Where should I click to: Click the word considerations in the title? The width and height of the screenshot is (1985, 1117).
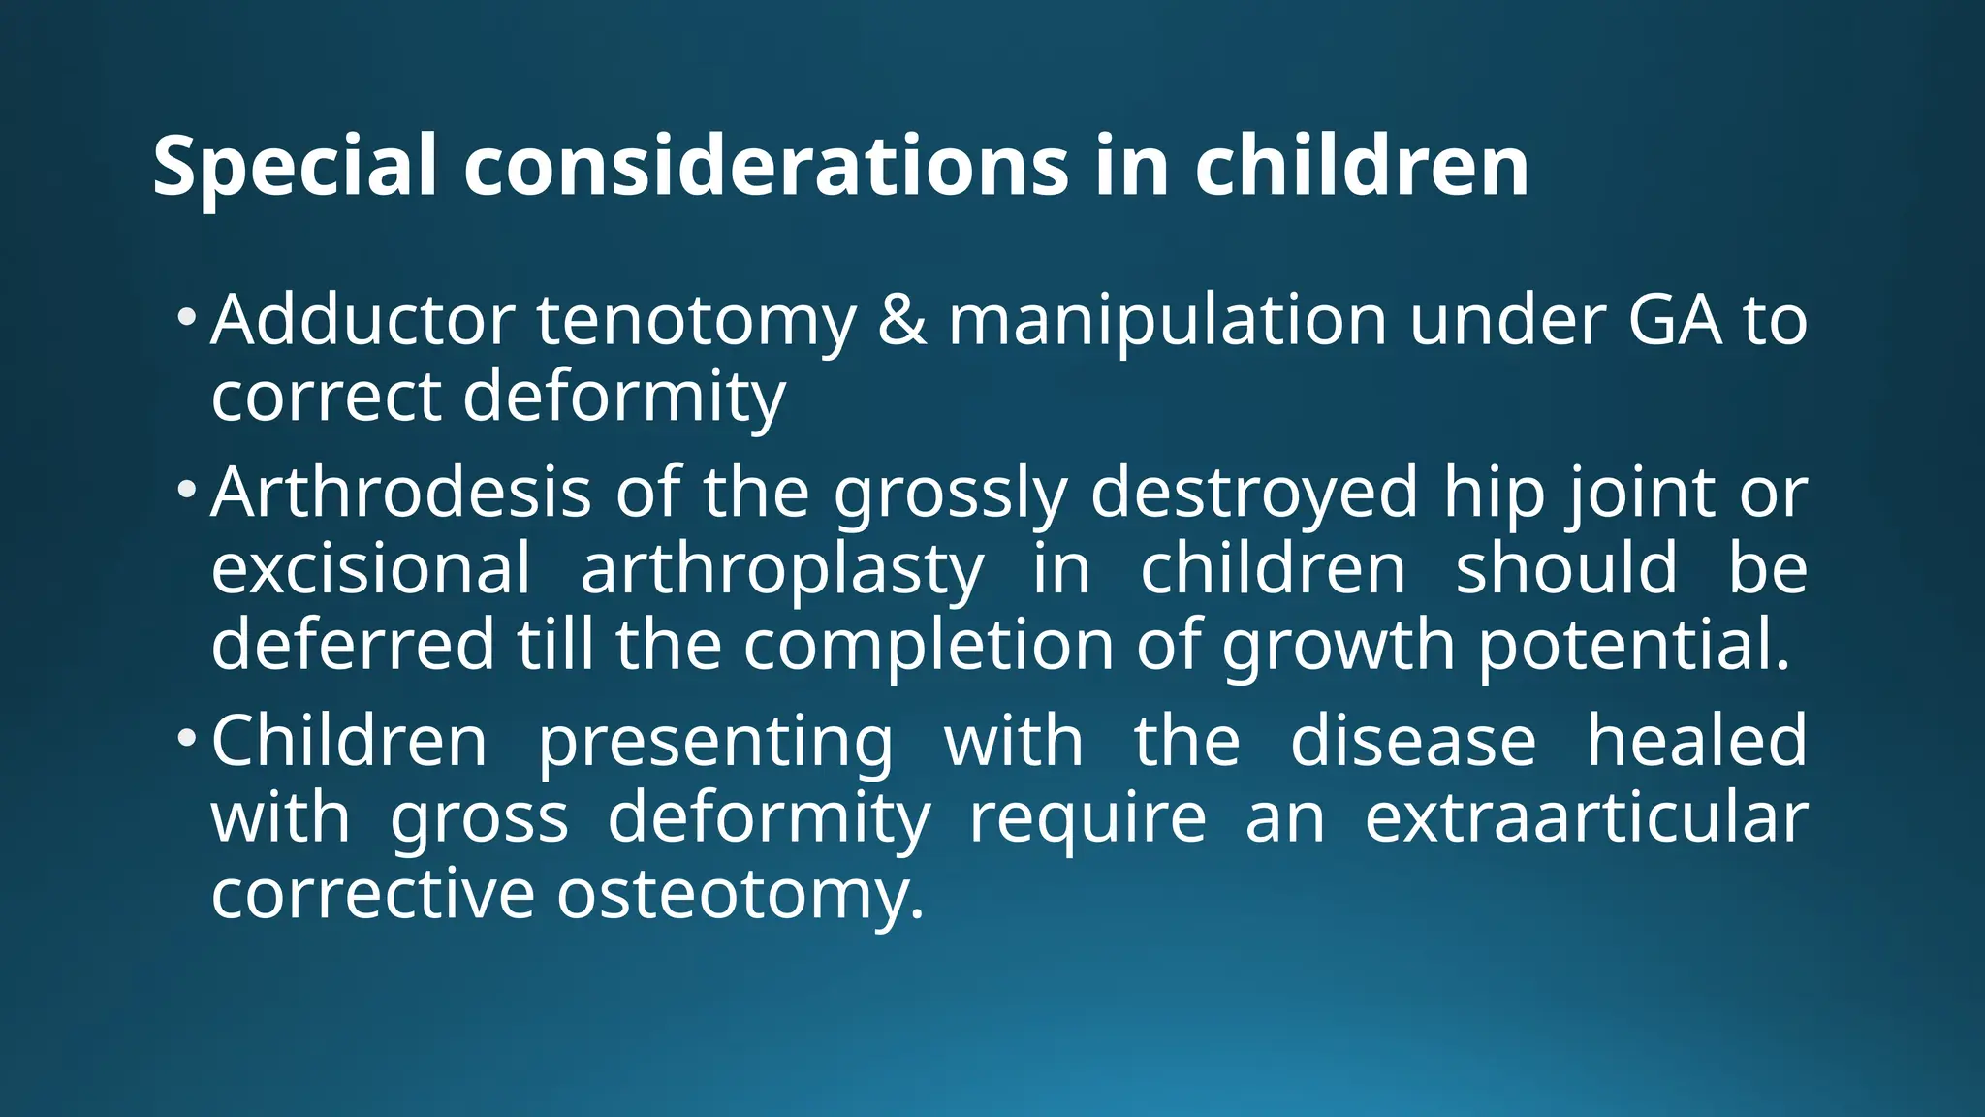[766, 167]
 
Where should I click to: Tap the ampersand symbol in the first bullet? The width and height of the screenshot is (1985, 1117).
[901, 320]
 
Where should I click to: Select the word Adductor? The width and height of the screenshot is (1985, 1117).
[362, 320]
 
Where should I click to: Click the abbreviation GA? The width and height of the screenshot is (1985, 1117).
[1675, 320]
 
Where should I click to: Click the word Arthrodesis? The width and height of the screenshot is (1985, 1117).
[400, 493]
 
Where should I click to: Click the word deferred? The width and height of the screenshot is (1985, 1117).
[353, 645]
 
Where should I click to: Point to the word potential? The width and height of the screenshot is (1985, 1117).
[1634, 647]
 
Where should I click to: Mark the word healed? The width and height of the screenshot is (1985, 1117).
[1696, 741]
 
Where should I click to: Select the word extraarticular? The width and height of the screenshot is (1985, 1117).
[1586, 817]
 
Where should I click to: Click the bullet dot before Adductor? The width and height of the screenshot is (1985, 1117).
[187, 317]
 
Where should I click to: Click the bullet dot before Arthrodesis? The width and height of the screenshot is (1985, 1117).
[187, 490]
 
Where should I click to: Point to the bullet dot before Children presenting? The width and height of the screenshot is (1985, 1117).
[187, 738]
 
